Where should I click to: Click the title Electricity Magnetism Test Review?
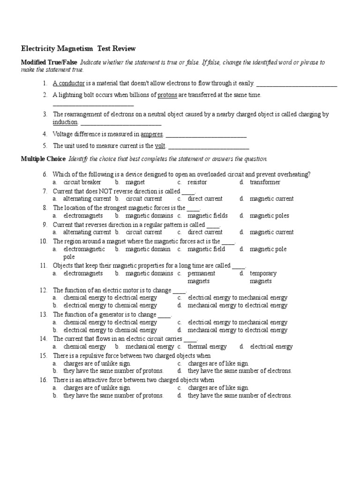click(x=78, y=48)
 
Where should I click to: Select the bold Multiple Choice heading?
click(x=43, y=159)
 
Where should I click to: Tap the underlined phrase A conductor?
click(x=68, y=83)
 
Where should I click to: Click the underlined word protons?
click(x=167, y=95)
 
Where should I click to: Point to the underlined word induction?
click(x=65, y=122)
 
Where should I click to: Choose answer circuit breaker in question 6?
click(x=82, y=182)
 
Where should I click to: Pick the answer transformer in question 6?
click(x=265, y=182)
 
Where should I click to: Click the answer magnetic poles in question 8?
click(x=270, y=216)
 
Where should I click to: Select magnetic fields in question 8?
click(x=208, y=216)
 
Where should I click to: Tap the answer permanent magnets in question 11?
click(x=202, y=277)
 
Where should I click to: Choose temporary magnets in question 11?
click(x=263, y=277)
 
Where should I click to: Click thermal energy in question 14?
click(x=207, y=347)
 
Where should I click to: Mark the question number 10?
click(x=44, y=241)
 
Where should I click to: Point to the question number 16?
click(x=44, y=380)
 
